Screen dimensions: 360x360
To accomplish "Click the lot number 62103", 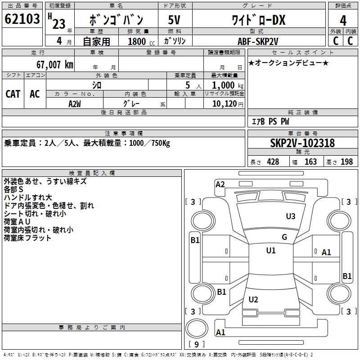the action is [x=22, y=19].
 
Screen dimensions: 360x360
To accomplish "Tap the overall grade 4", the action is [x=343, y=20].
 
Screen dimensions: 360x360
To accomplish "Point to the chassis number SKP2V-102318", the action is [x=302, y=143].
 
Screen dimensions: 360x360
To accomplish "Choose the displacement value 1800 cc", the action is [x=140, y=41].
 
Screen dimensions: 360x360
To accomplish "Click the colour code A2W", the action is [x=75, y=103].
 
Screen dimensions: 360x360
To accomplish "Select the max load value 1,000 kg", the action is [x=225, y=85].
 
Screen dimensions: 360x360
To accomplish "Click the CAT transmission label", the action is [x=13, y=94].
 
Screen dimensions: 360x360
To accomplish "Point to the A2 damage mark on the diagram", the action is [x=220, y=184].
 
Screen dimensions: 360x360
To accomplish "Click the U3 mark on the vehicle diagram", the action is [x=291, y=216].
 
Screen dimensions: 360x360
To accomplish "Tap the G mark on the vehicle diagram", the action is [x=284, y=237].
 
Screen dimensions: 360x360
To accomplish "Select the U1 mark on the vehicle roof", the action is [x=270, y=251].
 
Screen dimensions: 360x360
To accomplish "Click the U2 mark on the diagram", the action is [x=253, y=299].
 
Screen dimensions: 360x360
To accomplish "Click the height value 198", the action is [x=347, y=162].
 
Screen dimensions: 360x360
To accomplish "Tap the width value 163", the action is [x=310, y=162].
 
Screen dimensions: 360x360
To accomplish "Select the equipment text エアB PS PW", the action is [x=270, y=121].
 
